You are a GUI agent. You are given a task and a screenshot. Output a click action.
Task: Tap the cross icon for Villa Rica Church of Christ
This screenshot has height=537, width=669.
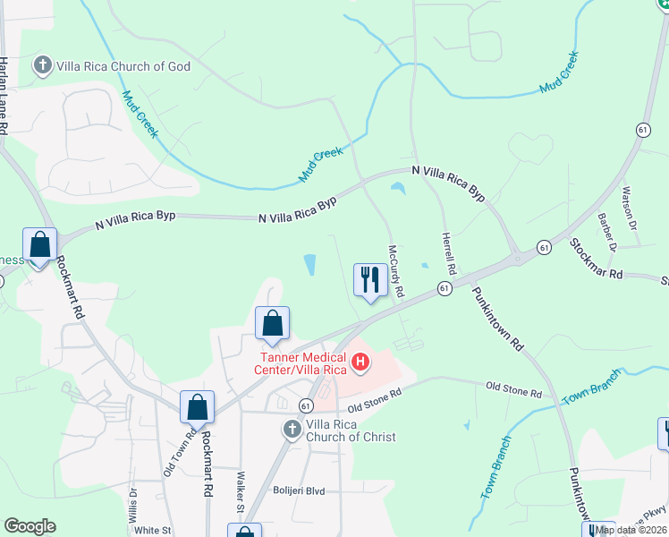pyautogui.click(x=291, y=430)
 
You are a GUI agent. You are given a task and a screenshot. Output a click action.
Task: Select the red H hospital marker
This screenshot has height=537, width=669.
pyautogui.click(x=360, y=363)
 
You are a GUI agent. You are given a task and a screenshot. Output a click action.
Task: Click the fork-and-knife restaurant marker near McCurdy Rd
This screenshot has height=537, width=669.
pyautogui.click(x=369, y=280)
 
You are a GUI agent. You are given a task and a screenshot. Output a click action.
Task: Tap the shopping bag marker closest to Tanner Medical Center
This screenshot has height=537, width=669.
pyautogui.click(x=272, y=324)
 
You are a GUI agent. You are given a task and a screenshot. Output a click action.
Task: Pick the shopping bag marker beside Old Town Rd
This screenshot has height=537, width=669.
pyautogui.click(x=197, y=407)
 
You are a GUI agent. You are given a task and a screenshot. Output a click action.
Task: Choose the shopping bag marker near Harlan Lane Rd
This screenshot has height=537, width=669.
pyautogui.click(x=39, y=244)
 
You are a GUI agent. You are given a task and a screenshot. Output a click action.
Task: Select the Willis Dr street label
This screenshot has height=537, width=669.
pyautogui.click(x=134, y=505)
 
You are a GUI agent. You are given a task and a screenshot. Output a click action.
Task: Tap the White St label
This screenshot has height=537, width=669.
pyautogui.click(x=152, y=530)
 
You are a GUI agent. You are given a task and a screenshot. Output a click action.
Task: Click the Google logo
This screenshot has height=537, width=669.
pyautogui.click(x=30, y=526)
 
